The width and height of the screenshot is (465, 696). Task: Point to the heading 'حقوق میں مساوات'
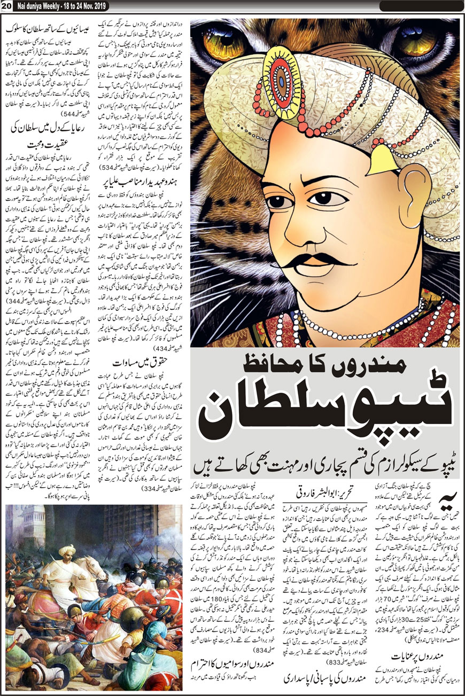click(141, 366)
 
